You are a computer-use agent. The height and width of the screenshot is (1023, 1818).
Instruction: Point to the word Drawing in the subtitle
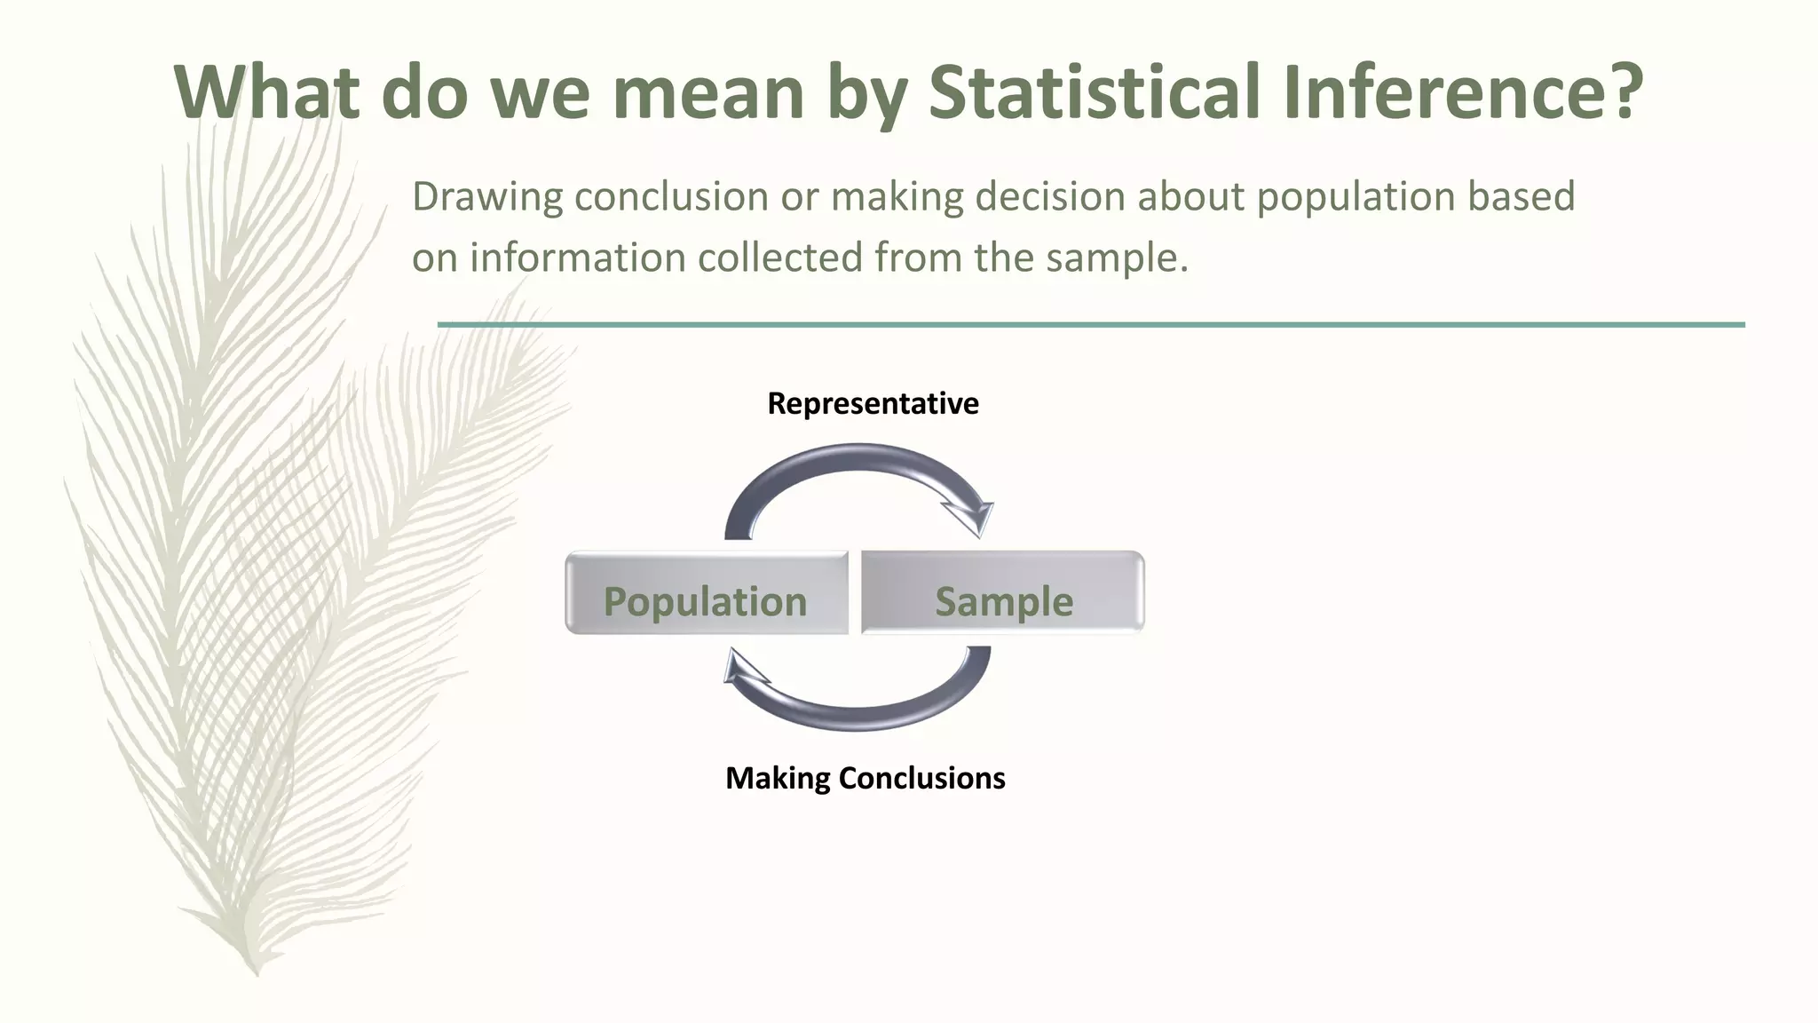click(x=487, y=197)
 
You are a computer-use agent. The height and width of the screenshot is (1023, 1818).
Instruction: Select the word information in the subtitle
click(x=578, y=258)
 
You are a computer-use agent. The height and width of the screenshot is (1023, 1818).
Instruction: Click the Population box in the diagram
click(x=706, y=593)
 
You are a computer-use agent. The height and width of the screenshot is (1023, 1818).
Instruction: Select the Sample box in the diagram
click(x=1003, y=593)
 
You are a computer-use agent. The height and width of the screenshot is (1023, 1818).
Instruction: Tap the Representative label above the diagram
click(x=873, y=404)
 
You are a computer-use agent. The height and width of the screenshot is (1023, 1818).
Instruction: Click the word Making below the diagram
click(x=778, y=779)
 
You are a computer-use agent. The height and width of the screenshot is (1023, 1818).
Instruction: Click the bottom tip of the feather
click(x=257, y=973)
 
